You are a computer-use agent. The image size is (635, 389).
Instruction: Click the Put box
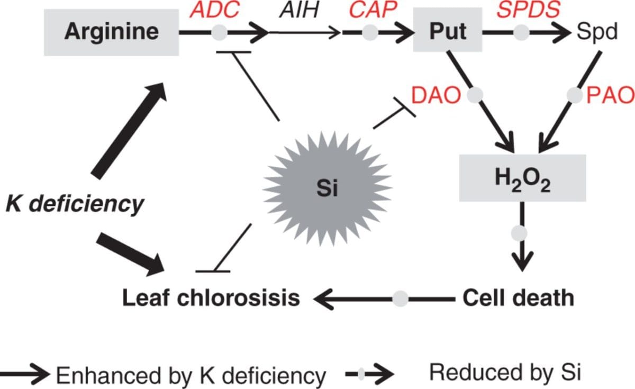[447, 32]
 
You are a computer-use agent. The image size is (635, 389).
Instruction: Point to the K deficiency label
[75, 204]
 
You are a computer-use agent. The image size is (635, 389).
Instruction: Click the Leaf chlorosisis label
[211, 298]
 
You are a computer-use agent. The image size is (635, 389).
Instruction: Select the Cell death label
[518, 297]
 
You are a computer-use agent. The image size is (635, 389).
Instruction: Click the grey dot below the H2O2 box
[520, 232]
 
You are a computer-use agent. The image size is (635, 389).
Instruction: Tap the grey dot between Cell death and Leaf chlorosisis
[400, 298]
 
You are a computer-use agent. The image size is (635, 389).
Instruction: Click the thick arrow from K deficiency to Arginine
[129, 130]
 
